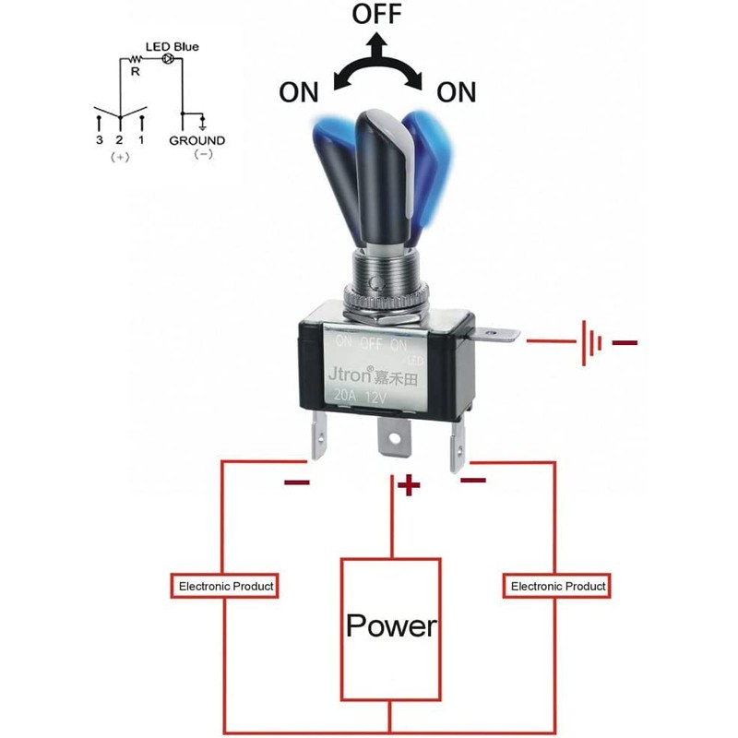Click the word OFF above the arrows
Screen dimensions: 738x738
[x=376, y=13]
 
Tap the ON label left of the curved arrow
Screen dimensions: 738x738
[x=299, y=91]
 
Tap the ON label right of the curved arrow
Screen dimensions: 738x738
[x=456, y=91]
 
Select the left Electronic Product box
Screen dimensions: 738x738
[x=224, y=586]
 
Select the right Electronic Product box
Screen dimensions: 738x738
[x=557, y=586]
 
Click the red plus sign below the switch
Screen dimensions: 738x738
[x=409, y=485]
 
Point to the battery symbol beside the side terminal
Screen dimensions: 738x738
[x=591, y=342]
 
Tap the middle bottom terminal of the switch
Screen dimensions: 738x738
[x=395, y=436]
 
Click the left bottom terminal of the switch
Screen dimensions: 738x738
[x=318, y=435]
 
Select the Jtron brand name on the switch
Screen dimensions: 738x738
[x=350, y=375]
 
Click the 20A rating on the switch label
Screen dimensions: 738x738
[x=345, y=396]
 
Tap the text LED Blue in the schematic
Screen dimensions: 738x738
[x=172, y=47]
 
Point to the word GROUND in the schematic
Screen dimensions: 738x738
[x=197, y=140]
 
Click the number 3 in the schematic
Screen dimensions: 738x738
[x=99, y=140]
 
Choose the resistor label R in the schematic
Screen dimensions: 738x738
[x=136, y=72]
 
